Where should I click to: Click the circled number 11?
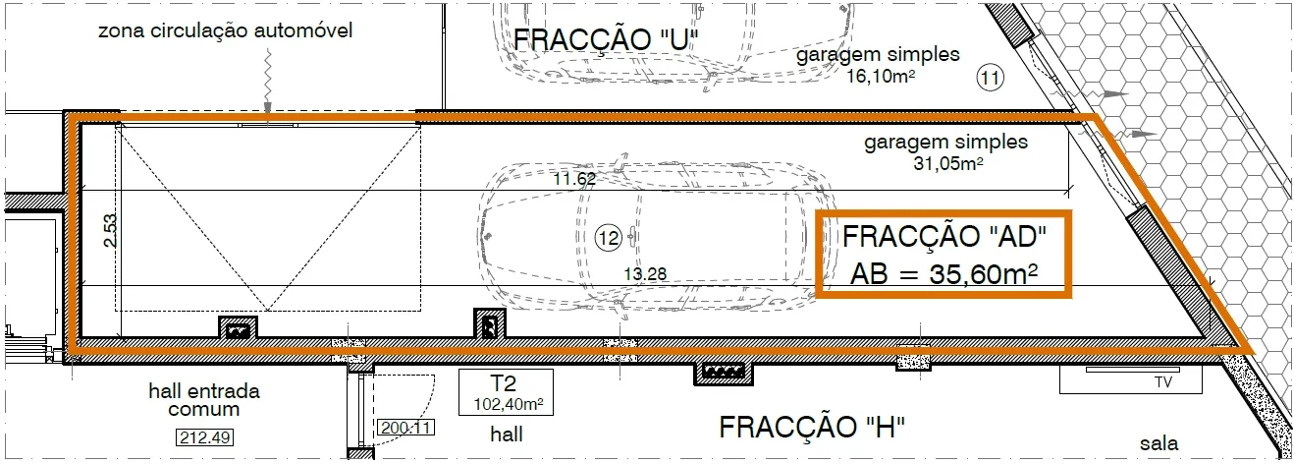(x=991, y=78)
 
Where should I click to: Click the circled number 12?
(x=609, y=238)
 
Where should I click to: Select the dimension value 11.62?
(x=574, y=179)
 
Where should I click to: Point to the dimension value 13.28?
(x=645, y=273)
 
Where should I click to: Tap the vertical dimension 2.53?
(x=110, y=231)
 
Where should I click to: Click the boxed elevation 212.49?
(x=204, y=437)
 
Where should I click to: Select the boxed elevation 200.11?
(x=406, y=428)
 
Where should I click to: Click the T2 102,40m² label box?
(x=506, y=392)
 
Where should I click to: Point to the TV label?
(x=1162, y=382)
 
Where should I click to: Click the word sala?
(x=1159, y=443)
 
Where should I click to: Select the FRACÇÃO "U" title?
(x=606, y=40)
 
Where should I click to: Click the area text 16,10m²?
(x=881, y=76)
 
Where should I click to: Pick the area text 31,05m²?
(x=948, y=164)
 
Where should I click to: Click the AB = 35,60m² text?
(x=944, y=273)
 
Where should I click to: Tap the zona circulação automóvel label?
(x=225, y=30)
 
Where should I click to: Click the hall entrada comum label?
(x=204, y=400)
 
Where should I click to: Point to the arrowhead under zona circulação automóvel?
(x=267, y=107)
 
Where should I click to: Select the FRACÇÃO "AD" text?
(x=944, y=237)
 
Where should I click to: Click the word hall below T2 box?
(x=507, y=434)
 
